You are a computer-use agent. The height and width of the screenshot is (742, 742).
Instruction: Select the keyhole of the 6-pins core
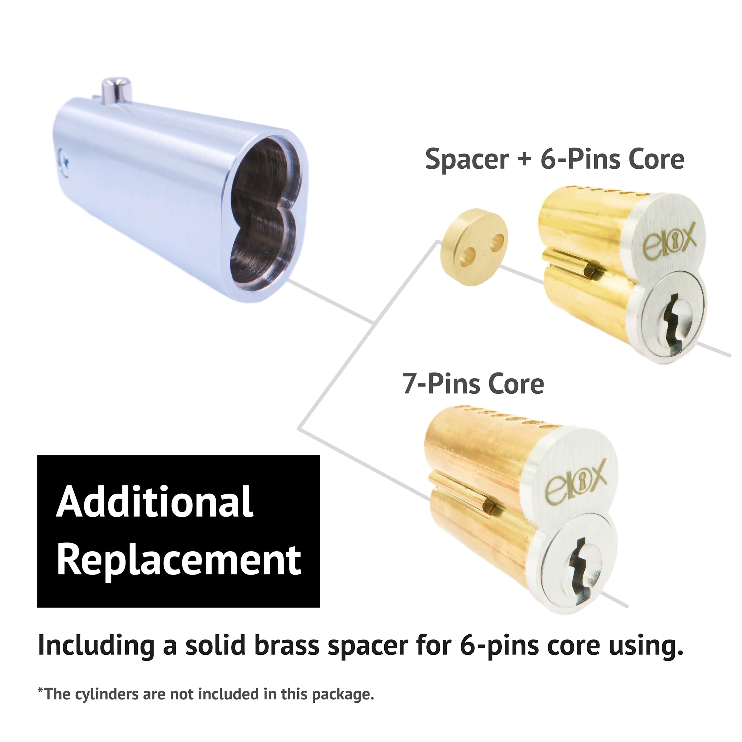coord(670,326)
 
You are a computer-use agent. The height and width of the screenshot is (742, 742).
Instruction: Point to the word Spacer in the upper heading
coord(467,159)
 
